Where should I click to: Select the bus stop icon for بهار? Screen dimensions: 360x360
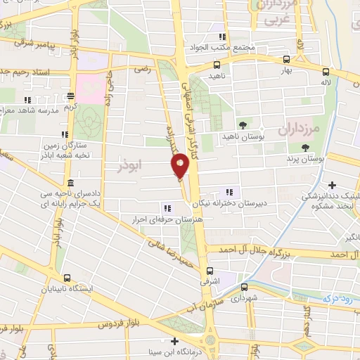click(x=285, y=60)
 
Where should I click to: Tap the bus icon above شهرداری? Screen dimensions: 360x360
click(x=244, y=287)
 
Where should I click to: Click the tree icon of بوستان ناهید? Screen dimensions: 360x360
click(x=243, y=124)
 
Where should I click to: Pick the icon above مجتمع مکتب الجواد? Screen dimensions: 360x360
click(x=222, y=37)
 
